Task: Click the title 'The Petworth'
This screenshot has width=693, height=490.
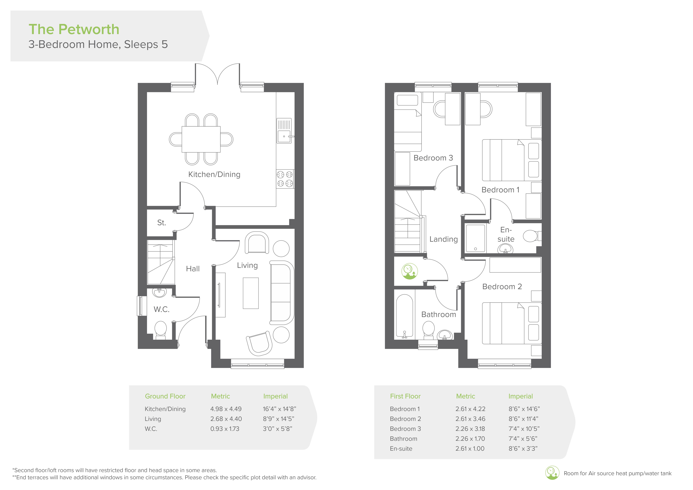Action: pyautogui.click(x=74, y=29)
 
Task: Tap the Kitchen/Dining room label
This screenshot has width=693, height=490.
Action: pyautogui.click(x=214, y=174)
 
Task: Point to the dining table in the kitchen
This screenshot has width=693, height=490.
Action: pyautogui.click(x=201, y=139)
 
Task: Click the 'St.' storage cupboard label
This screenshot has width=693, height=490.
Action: pyautogui.click(x=161, y=223)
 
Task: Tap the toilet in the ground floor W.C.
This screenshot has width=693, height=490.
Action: pyautogui.click(x=161, y=330)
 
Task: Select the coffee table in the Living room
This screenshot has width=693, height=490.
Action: pyautogui.click(x=250, y=293)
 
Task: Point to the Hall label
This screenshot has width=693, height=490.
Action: pyautogui.click(x=193, y=269)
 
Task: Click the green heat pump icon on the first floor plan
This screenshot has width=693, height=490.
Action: pyautogui.click(x=410, y=271)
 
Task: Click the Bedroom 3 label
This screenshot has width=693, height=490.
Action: pyautogui.click(x=433, y=158)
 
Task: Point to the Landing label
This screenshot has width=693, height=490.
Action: pyautogui.click(x=444, y=239)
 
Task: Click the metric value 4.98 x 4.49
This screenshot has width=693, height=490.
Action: pyautogui.click(x=226, y=409)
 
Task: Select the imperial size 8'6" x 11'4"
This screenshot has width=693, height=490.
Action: pyautogui.click(x=523, y=419)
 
